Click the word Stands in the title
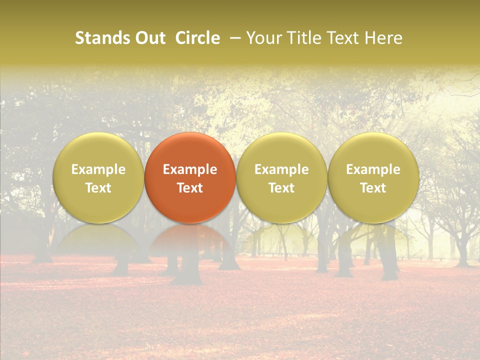(x=102, y=38)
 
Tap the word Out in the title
(x=149, y=38)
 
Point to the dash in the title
(x=233, y=38)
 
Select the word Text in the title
(x=342, y=38)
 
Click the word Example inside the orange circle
(x=190, y=169)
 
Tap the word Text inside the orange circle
(x=190, y=188)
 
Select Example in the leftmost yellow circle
(x=98, y=169)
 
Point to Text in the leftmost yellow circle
(x=98, y=188)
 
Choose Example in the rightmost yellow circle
(x=373, y=169)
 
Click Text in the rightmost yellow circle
(x=373, y=188)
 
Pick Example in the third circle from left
(x=281, y=169)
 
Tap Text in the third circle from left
(x=281, y=188)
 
